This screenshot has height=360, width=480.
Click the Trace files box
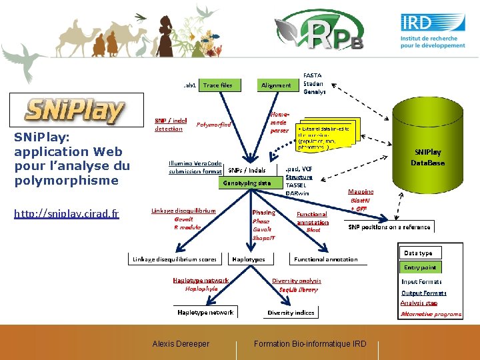click(x=217, y=85)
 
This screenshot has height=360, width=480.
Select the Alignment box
click(x=276, y=85)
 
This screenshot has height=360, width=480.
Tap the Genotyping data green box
click(x=247, y=182)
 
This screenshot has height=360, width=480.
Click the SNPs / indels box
click(x=247, y=169)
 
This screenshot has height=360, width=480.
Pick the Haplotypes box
click(x=249, y=259)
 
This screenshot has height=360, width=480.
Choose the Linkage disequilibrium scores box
click(x=175, y=259)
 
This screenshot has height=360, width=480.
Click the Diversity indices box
click(x=291, y=312)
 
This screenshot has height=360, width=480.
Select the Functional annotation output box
click(x=326, y=259)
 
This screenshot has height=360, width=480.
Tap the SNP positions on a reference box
click(x=389, y=227)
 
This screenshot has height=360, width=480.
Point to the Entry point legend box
click(x=421, y=267)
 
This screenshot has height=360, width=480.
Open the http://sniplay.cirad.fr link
click(x=67, y=214)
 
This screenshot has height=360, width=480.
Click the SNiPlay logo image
click(x=75, y=111)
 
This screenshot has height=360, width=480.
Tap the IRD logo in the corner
click(x=433, y=31)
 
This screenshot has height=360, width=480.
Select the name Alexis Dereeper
click(x=181, y=344)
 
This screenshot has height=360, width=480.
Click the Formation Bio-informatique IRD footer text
click(x=310, y=344)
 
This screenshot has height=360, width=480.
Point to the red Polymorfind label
click(x=214, y=125)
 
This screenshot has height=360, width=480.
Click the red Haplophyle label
click(x=201, y=289)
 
